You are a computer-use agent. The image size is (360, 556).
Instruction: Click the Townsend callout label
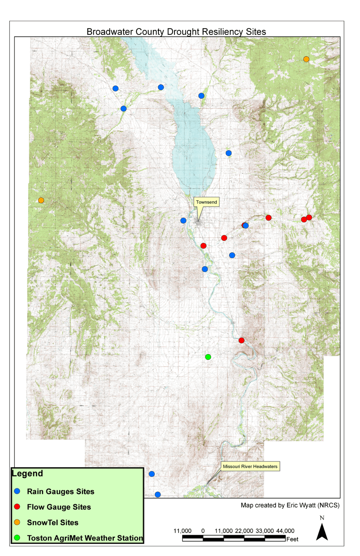point(206,202)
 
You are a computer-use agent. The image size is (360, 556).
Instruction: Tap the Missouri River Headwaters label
point(250,466)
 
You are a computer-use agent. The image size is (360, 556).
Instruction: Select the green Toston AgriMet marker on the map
point(208,357)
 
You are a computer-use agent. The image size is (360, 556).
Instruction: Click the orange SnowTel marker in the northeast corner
point(306,59)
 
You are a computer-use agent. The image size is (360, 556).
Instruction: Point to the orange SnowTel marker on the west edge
point(41,200)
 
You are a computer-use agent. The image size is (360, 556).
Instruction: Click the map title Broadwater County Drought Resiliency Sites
point(176,32)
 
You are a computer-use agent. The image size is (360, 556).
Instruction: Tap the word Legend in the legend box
point(27,473)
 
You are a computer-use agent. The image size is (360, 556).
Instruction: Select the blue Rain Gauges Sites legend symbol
point(17,491)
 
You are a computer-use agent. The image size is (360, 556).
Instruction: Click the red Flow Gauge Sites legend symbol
point(17,507)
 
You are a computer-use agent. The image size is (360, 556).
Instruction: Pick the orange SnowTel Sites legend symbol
point(17,522)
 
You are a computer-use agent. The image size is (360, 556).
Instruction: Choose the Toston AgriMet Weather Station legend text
point(85,538)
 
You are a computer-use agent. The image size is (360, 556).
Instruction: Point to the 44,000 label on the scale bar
point(285,531)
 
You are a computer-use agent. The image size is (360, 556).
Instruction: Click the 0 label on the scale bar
point(203,531)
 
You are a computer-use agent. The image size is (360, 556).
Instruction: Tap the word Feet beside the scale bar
point(292,539)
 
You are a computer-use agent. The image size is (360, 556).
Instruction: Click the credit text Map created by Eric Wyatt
point(290,505)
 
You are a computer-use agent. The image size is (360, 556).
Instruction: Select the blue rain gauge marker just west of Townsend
point(183,220)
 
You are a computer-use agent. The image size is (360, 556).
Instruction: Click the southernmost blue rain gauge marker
point(158,495)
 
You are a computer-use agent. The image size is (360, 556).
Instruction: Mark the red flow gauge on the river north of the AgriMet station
point(241,340)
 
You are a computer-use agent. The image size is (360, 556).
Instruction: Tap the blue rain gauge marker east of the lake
point(229,153)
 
